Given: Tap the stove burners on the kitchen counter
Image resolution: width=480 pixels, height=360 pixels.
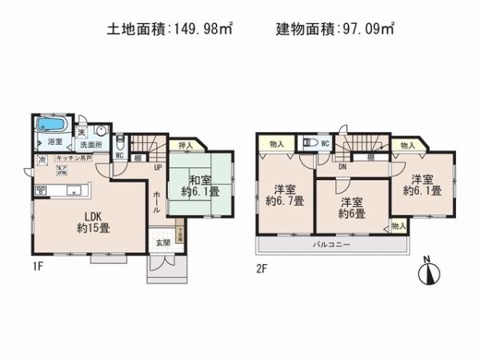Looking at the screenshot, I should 41,190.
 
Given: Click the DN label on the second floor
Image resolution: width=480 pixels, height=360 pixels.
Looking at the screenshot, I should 342,168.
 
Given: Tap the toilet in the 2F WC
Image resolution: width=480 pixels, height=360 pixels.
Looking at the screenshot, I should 309,145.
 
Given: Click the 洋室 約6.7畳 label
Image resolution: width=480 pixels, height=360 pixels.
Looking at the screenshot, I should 285,195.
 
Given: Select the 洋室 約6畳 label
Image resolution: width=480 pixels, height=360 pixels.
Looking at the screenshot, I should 350,208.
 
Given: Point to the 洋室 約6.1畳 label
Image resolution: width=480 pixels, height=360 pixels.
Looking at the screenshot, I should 422,186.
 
